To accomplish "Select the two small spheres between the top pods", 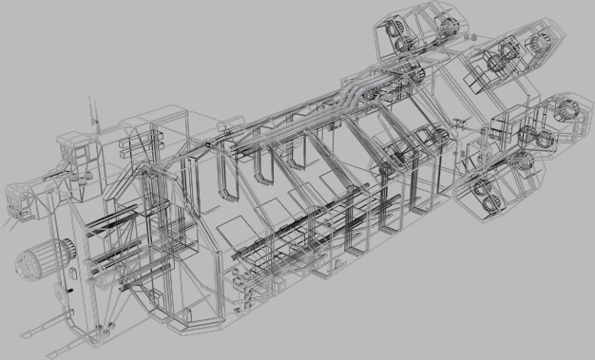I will [x=466, y=35].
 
